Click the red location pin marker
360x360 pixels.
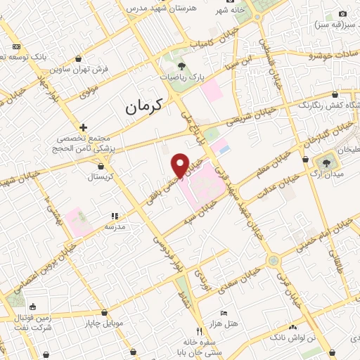180,164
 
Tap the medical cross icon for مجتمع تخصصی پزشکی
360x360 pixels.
84,127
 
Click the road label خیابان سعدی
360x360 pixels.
245,273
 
